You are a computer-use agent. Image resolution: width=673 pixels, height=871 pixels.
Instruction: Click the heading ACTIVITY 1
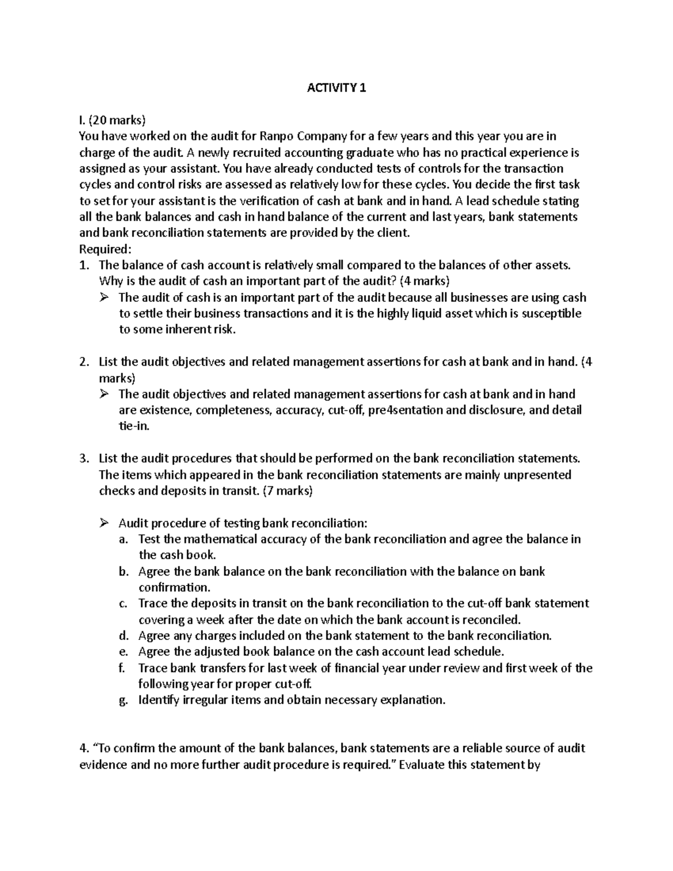pos(336,87)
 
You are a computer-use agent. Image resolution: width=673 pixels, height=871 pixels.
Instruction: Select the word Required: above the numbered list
pos(105,248)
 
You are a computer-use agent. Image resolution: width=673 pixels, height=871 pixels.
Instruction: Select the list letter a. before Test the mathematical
pos(123,539)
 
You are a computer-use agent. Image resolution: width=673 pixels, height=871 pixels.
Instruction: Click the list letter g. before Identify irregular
pos(123,700)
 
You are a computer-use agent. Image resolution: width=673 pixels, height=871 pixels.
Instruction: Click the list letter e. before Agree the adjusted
pos(123,652)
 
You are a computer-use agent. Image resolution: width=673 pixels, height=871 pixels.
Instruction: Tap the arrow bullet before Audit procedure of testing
pos(103,523)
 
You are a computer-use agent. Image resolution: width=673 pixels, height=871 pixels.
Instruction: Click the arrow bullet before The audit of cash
pos(103,297)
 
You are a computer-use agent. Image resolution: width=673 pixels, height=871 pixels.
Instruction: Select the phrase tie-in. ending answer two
pos(135,426)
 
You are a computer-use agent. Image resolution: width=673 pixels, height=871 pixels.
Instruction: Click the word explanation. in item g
pos(413,700)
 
